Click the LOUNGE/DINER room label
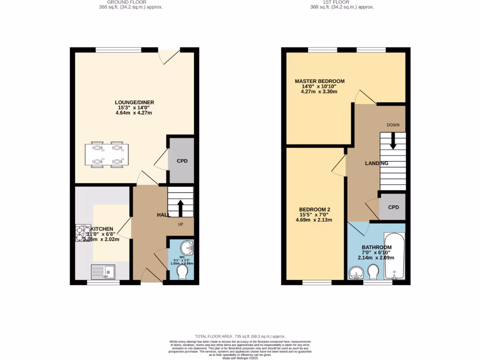pos(135,102)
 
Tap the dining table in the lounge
pos(105,155)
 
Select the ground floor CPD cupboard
pos(182,161)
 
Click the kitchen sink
pos(104,271)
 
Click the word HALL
pos(163,214)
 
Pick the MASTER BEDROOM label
pos(320,81)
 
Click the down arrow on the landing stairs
pos(393,140)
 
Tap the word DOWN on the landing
pos(392,125)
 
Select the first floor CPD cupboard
pos(393,207)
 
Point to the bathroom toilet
pos(374,272)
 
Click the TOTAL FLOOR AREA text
pos(240,336)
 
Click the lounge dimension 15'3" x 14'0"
pos(135,107)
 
